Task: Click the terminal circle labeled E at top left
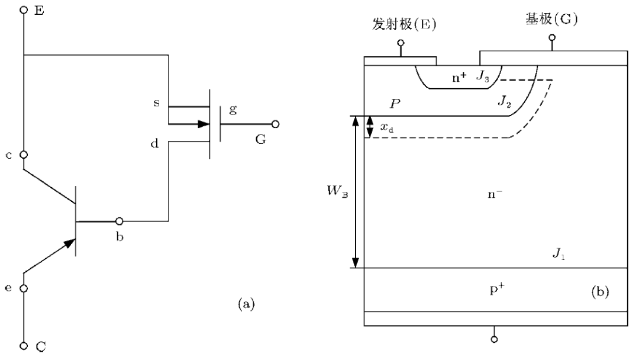click(24, 10)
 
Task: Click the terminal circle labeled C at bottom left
click(24, 345)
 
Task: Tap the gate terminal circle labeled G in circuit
click(275, 125)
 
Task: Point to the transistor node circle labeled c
click(24, 155)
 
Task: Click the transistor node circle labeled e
click(24, 288)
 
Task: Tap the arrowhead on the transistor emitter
click(70, 242)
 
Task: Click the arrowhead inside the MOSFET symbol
click(204, 125)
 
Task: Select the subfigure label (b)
click(599, 291)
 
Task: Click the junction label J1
click(559, 255)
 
